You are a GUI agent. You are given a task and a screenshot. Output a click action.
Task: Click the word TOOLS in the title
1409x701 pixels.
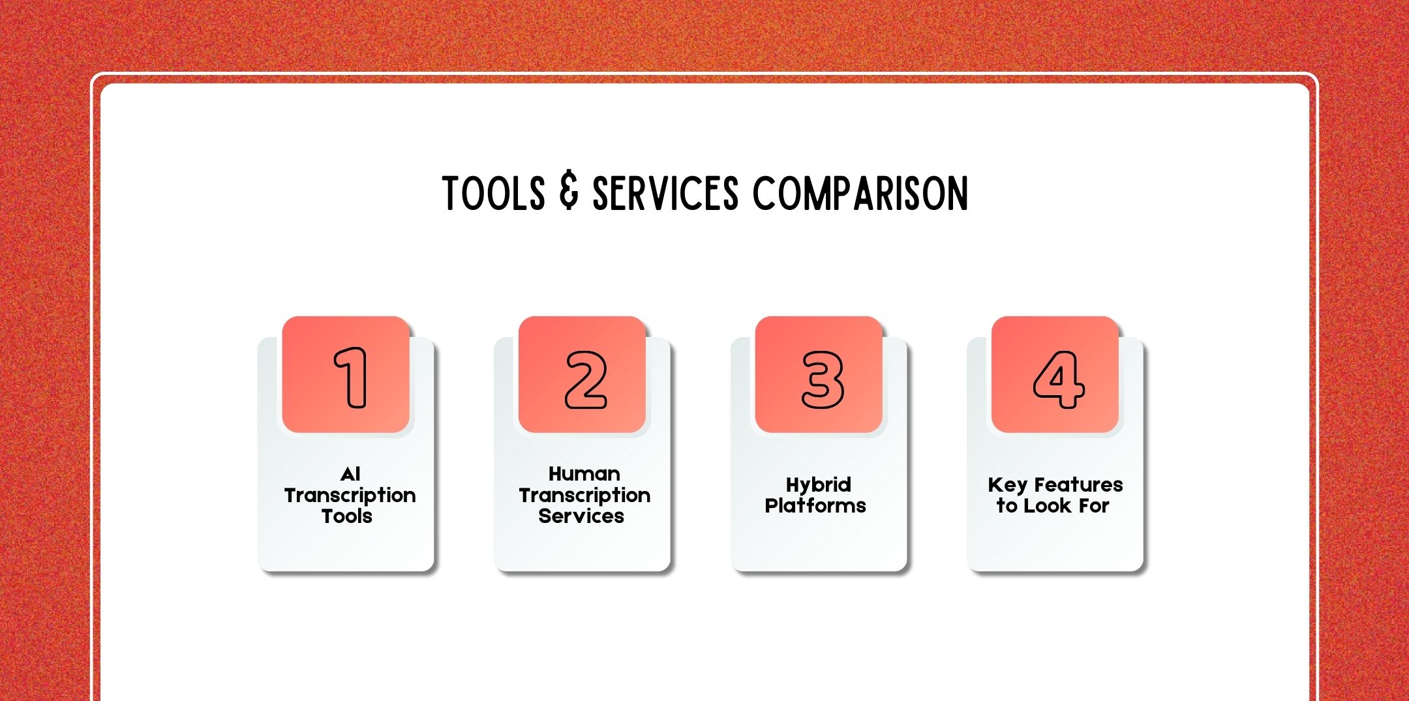coord(493,193)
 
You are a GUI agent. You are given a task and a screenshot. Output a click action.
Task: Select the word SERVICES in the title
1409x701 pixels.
coord(665,193)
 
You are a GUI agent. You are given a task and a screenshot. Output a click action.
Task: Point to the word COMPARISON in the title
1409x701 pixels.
coord(860,193)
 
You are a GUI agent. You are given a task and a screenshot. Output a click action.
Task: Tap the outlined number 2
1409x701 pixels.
coord(586,380)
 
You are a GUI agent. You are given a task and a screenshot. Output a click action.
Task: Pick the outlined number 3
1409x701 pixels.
coord(823,380)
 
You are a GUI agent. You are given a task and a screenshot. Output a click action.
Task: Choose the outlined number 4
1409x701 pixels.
coord(1059,380)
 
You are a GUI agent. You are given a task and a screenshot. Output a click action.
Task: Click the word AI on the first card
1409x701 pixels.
coord(350,473)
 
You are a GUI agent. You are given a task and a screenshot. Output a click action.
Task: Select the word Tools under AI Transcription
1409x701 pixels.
coord(347,516)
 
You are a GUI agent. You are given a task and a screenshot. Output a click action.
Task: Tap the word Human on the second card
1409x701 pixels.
coord(584,473)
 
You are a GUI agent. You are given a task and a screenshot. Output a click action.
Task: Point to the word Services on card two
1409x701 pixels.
coord(581,516)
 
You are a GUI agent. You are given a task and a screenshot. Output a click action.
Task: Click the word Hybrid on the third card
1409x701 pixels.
coord(819,485)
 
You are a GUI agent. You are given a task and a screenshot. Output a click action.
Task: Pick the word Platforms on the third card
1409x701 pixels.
coord(815,505)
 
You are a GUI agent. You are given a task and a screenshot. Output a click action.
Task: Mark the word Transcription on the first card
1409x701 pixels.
coord(350,496)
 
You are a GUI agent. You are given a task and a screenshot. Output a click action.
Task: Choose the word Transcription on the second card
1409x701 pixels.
coord(585,496)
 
